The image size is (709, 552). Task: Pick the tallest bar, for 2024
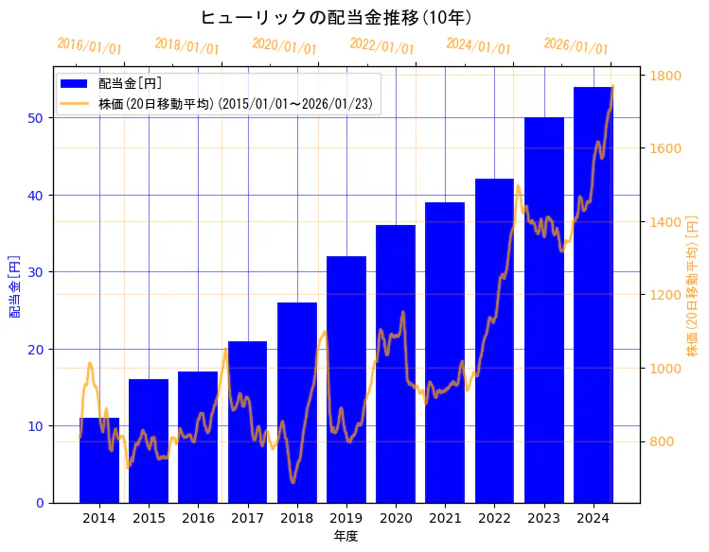pos(593,294)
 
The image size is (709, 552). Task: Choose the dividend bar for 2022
pos(494,340)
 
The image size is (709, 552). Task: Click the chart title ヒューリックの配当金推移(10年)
pos(336,18)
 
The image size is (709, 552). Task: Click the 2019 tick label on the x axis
pos(346,518)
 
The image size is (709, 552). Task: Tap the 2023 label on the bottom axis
pos(543,518)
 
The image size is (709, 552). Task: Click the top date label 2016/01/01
pos(89,46)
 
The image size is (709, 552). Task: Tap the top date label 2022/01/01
pos(381,46)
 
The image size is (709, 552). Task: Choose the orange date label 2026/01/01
pos(576,46)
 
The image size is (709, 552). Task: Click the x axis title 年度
pos(346,536)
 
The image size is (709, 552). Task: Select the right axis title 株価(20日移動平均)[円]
pos(693,285)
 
